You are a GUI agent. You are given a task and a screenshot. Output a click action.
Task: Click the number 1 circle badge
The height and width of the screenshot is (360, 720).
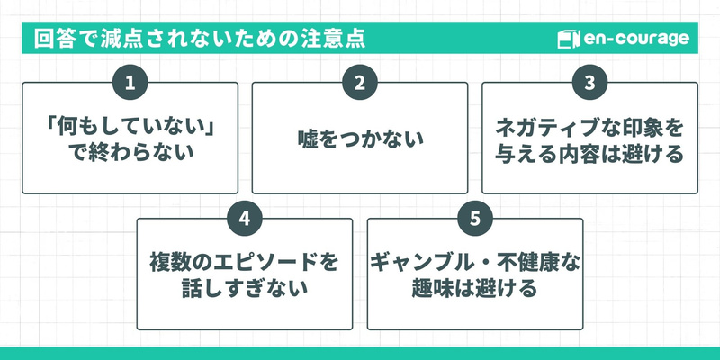click(130, 84)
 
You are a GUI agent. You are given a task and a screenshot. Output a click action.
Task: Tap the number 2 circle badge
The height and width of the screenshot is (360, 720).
click(360, 84)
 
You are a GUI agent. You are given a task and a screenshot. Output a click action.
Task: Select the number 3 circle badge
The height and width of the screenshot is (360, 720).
click(589, 84)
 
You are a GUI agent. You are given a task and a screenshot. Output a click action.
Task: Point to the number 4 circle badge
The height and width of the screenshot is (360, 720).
click(245, 219)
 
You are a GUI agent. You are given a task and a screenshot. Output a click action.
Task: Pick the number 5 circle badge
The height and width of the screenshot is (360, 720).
click(474, 219)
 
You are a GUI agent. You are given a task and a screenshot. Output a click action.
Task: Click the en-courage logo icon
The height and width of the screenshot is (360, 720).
click(566, 40)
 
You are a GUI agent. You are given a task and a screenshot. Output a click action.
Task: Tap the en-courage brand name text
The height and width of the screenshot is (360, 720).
click(636, 40)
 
